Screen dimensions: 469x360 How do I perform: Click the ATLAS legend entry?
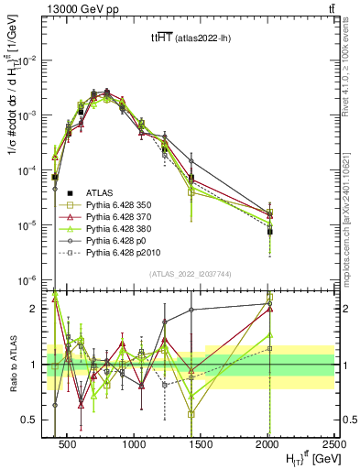[x=100, y=192]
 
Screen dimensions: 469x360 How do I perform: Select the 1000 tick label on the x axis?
[x=135, y=444]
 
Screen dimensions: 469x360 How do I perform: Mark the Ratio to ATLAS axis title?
[x=13, y=365]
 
